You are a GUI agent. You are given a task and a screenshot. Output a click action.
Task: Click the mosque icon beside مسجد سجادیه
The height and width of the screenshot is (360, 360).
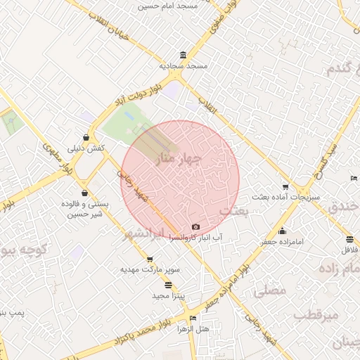184,56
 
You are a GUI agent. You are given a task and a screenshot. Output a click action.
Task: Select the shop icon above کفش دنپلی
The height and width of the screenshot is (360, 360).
86,137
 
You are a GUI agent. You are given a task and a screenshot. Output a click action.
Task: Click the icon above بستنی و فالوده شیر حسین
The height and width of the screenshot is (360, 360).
85,193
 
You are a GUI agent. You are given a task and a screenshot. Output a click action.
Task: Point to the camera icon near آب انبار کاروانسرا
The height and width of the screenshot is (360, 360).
195,227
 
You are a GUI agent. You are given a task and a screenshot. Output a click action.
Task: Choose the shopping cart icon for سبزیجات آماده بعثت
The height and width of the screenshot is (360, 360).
285,186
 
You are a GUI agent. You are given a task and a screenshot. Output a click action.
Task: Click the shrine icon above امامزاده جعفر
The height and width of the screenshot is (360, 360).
283,231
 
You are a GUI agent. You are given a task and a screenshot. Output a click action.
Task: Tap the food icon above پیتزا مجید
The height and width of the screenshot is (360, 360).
168,285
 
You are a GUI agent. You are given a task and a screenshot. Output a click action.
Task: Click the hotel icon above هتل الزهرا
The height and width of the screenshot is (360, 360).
214,318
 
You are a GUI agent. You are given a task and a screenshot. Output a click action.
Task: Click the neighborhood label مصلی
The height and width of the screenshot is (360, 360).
269,289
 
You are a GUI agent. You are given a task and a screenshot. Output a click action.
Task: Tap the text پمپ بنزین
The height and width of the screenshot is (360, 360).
11,311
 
